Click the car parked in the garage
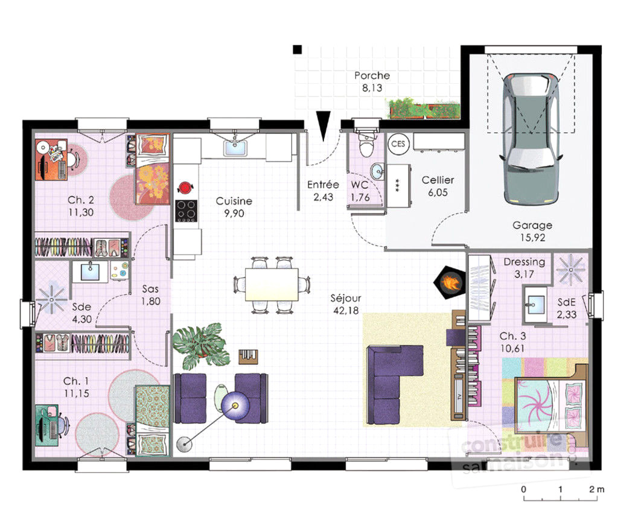[x=531, y=139]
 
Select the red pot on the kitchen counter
[x=185, y=187]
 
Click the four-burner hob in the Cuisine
[x=186, y=211]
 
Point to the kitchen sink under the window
[x=235, y=148]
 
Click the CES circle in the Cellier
[x=398, y=144]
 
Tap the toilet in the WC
[x=366, y=144]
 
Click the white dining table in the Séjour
[x=272, y=284]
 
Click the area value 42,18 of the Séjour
[x=346, y=311]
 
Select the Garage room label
[x=532, y=226]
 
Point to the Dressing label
[x=524, y=262]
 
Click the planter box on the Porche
[x=425, y=109]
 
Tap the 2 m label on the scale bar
[x=597, y=489]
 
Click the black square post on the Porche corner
[x=297, y=49]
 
